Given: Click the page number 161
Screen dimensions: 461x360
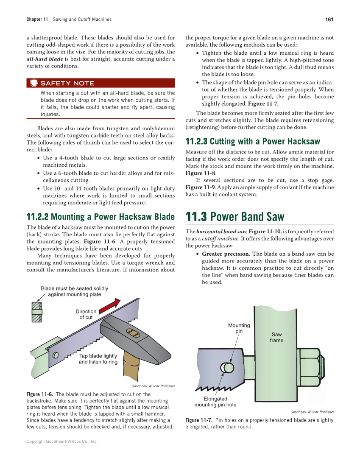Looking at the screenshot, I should (x=329, y=20).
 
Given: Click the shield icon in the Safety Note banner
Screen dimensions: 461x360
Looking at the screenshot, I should (x=34, y=83).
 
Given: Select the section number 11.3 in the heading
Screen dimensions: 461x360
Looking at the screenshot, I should (x=196, y=217).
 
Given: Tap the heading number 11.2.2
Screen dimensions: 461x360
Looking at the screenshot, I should (x=37, y=217).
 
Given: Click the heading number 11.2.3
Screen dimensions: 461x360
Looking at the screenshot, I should (x=196, y=141).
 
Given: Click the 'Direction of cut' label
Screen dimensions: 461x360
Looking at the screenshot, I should (x=86, y=314).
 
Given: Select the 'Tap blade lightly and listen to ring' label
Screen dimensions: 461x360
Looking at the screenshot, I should (x=98, y=359).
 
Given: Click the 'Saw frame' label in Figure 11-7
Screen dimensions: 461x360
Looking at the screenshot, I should (x=276, y=338).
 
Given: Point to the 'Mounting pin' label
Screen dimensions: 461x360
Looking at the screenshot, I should (x=239, y=328).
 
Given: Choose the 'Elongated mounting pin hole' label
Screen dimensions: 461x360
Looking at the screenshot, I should (x=215, y=402).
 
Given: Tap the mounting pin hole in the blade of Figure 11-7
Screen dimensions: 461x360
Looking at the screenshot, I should (x=228, y=367).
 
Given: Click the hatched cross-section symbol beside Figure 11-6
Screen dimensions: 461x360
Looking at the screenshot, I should (x=37, y=312).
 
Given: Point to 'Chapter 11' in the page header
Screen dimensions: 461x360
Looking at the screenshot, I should (x=37, y=20).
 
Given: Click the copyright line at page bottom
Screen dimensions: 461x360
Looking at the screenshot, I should (x=62, y=441).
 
